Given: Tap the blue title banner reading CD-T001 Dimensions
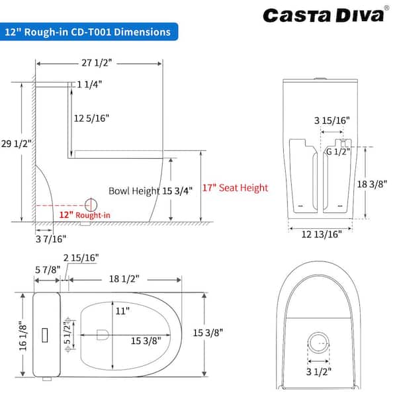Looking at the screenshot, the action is click(89, 32).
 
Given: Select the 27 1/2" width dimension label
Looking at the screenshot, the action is click(97, 63).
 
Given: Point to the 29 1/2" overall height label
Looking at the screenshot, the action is click(16, 144).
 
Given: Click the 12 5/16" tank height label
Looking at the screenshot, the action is click(91, 118).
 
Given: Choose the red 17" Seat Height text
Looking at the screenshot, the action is click(235, 188).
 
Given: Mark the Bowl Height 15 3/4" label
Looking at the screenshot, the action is click(150, 191).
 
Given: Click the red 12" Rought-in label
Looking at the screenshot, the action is click(85, 215).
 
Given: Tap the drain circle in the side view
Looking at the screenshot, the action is click(91, 205).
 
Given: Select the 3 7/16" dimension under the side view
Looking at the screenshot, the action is click(51, 239).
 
